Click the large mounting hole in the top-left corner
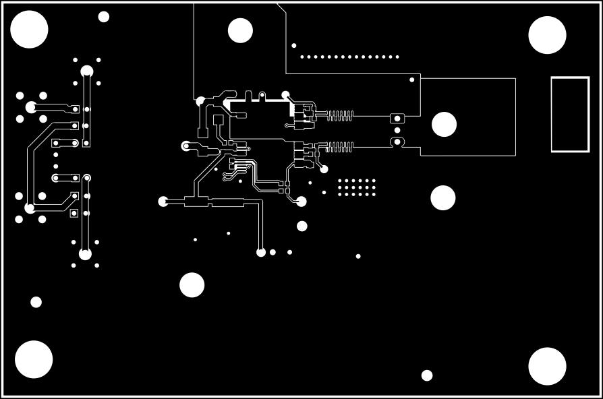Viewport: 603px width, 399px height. (29, 30)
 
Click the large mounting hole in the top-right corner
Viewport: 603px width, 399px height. (547, 35)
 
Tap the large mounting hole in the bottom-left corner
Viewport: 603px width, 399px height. (34, 359)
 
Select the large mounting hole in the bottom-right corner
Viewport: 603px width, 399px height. (547, 366)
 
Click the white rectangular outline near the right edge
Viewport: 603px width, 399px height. (570, 115)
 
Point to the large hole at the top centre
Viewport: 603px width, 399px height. (240, 30)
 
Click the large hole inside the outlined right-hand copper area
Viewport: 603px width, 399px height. (444, 125)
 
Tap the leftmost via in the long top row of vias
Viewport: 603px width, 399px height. (302, 57)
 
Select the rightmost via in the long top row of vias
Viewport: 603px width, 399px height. (397, 57)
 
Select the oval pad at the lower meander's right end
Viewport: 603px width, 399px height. (397, 142)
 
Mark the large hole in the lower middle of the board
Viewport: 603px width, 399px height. (192, 284)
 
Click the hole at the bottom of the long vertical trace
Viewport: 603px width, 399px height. (261, 252)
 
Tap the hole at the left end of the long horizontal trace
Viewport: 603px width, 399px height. (163, 201)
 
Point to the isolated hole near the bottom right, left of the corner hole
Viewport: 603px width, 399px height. (427, 375)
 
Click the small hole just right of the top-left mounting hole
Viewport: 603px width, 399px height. (104, 17)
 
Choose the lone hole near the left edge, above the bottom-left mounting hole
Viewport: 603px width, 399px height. (36, 302)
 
